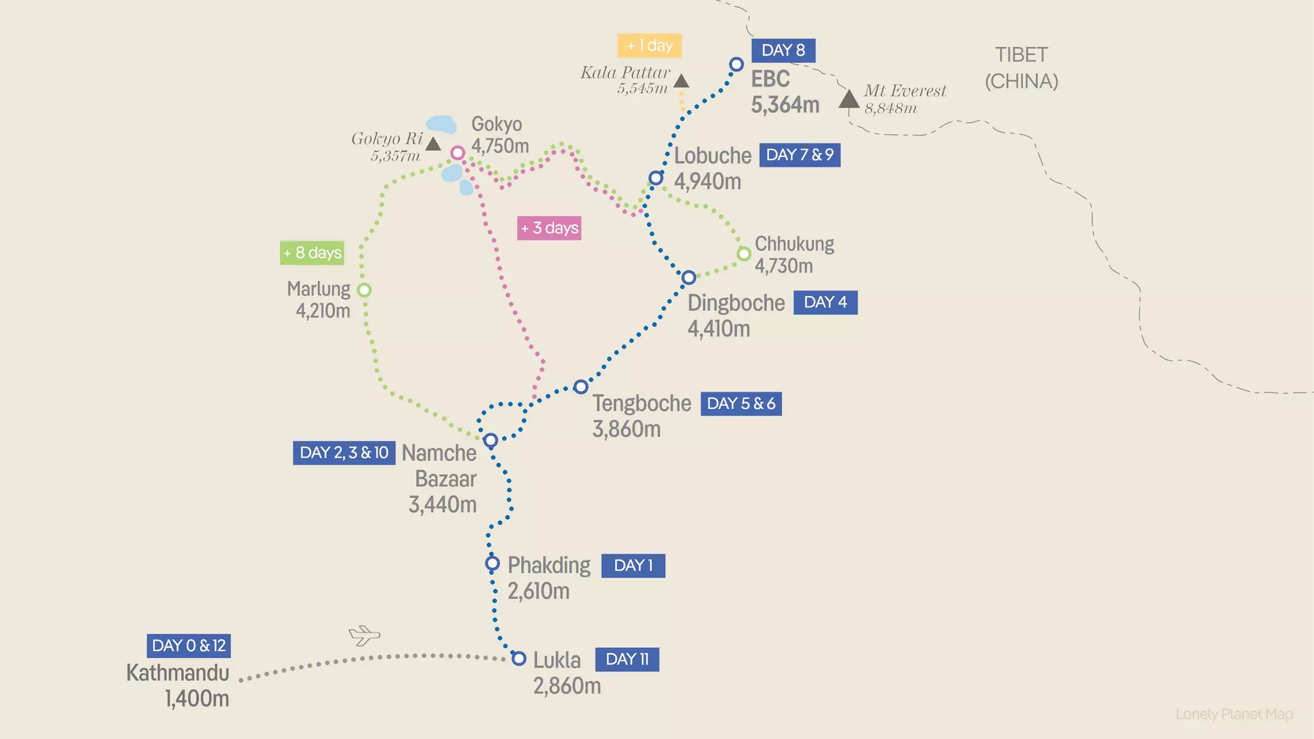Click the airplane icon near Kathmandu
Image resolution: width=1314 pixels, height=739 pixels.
click(x=364, y=635)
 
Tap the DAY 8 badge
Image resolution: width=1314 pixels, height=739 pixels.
click(x=783, y=50)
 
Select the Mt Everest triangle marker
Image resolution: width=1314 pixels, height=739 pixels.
click(x=849, y=100)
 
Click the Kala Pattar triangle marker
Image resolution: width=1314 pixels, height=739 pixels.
click(x=681, y=81)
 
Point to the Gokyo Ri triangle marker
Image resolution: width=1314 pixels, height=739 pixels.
click(x=433, y=144)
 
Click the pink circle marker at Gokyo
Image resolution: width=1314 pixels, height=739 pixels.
click(x=457, y=153)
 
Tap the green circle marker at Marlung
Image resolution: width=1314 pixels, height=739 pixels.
click(x=364, y=290)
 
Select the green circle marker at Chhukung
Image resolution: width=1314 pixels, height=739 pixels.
click(x=744, y=254)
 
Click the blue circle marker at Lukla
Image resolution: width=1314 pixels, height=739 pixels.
click(x=519, y=658)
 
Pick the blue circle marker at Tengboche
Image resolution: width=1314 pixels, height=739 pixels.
click(x=581, y=386)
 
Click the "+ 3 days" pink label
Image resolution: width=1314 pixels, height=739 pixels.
click(x=549, y=228)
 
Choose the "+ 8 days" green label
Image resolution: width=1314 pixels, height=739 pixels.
click(x=312, y=253)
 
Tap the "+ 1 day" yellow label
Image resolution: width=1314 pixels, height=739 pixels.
click(x=649, y=46)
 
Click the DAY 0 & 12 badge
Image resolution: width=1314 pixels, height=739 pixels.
click(x=188, y=645)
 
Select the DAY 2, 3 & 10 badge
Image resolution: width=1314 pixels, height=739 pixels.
click(x=344, y=453)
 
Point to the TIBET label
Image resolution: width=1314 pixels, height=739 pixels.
click(x=1021, y=55)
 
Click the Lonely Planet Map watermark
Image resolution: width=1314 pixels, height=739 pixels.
click(x=1234, y=714)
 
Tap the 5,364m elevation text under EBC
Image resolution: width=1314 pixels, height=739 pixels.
click(x=785, y=104)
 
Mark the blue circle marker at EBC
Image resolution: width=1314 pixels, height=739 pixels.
click(x=736, y=64)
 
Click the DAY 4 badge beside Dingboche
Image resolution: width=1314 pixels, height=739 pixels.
click(x=825, y=303)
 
